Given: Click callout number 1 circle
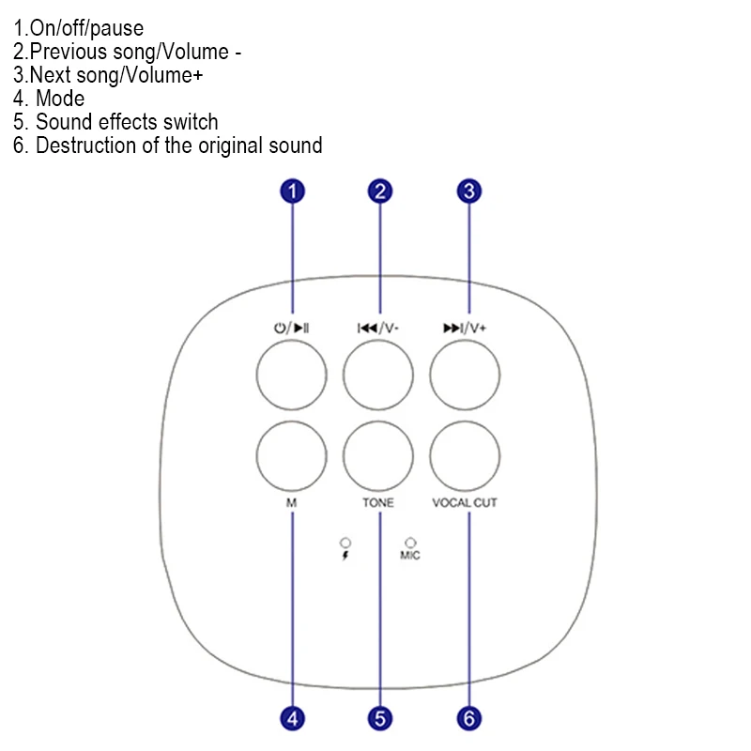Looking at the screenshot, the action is [293, 192].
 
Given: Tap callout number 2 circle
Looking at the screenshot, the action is [380, 192].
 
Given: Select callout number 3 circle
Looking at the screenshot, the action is [468, 192].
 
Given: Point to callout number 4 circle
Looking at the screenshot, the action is [293, 719].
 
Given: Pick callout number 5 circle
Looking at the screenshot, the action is [380, 719].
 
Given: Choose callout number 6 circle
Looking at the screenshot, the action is [468, 719].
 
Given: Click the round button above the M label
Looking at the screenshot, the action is [292, 456].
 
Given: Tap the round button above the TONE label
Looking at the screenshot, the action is [378, 456].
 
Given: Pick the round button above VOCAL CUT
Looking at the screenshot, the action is [465, 456].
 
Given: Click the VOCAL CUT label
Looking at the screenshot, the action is [465, 503].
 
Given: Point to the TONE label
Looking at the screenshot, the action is [378, 503].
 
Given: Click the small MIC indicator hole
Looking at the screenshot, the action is [410, 543].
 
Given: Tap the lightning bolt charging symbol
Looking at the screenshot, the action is [345, 555].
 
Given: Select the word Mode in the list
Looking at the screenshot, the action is [60, 99].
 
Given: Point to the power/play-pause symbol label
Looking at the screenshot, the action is [292, 329].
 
